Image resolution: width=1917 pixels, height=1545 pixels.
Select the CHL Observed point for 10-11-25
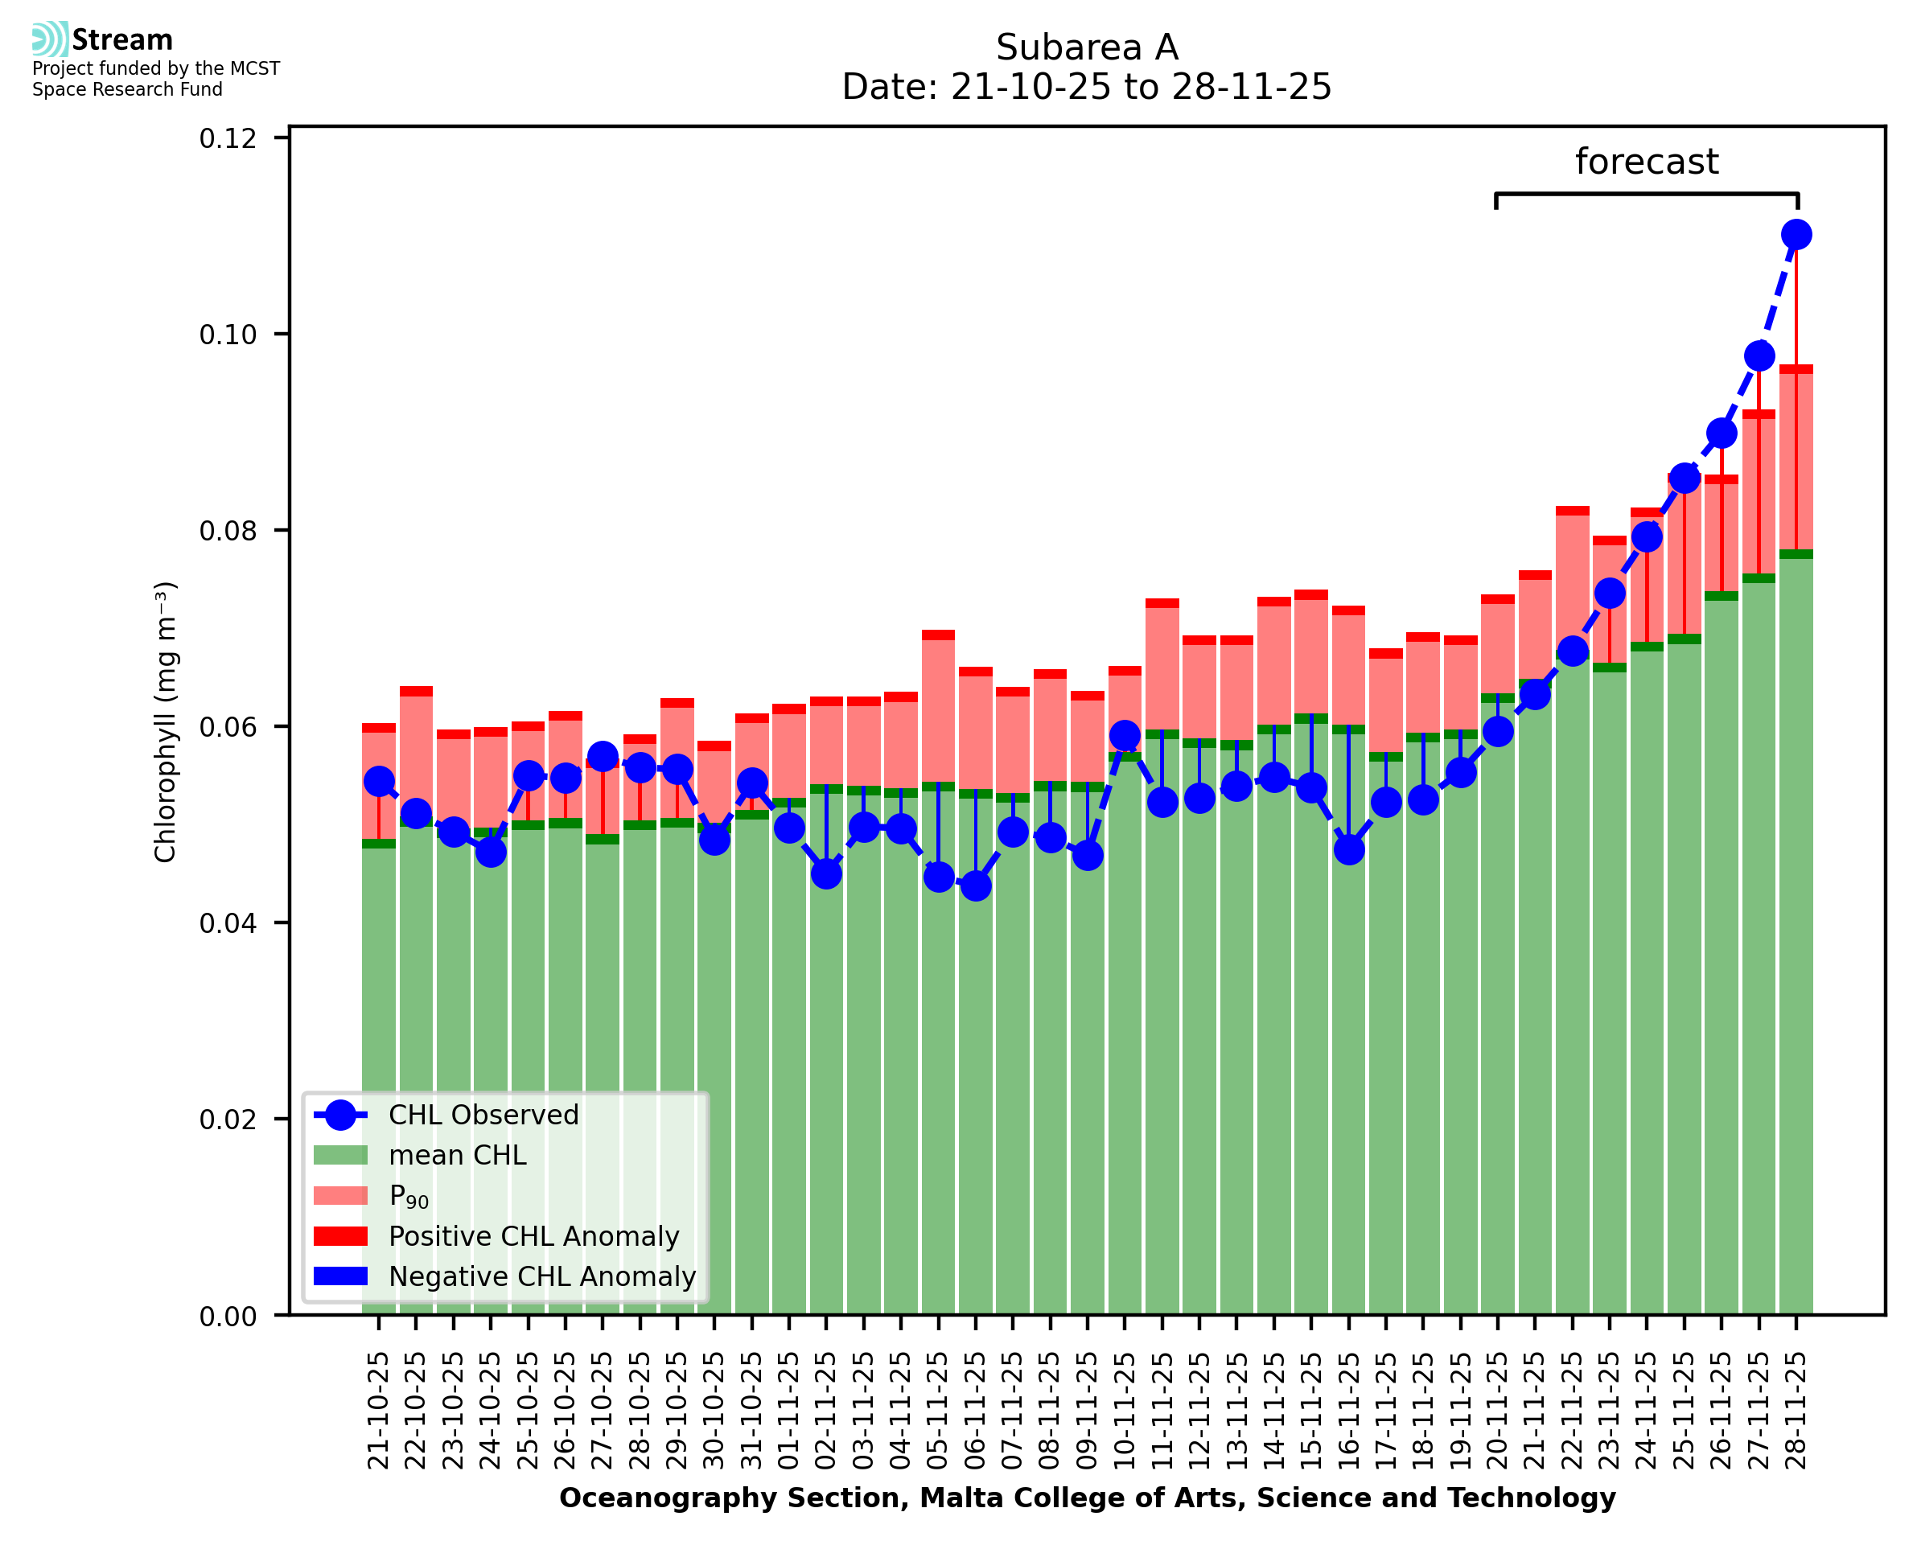pos(1124,735)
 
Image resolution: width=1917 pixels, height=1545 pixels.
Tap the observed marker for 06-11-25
pos(976,885)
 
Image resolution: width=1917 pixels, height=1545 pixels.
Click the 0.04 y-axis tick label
pos(228,923)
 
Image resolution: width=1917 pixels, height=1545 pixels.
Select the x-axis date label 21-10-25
pos(379,1411)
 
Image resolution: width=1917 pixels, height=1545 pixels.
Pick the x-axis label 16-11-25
pos(1348,1411)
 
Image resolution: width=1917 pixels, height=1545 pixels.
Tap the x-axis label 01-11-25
pos(789,1411)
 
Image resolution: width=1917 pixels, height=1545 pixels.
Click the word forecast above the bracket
pos(1647,162)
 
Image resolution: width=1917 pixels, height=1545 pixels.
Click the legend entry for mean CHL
pos(458,1155)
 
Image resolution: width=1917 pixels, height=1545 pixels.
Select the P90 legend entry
pos(409,1196)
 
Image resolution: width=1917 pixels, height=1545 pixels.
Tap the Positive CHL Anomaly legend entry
pos(534,1236)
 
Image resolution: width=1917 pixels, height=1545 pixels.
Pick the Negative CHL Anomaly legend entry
pos(542,1276)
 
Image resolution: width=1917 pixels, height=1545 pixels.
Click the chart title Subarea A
pos(1087,47)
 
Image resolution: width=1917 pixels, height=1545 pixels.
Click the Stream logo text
pos(122,40)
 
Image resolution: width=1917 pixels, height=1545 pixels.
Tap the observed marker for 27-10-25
pos(603,758)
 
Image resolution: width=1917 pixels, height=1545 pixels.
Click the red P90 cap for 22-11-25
pos(1572,511)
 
